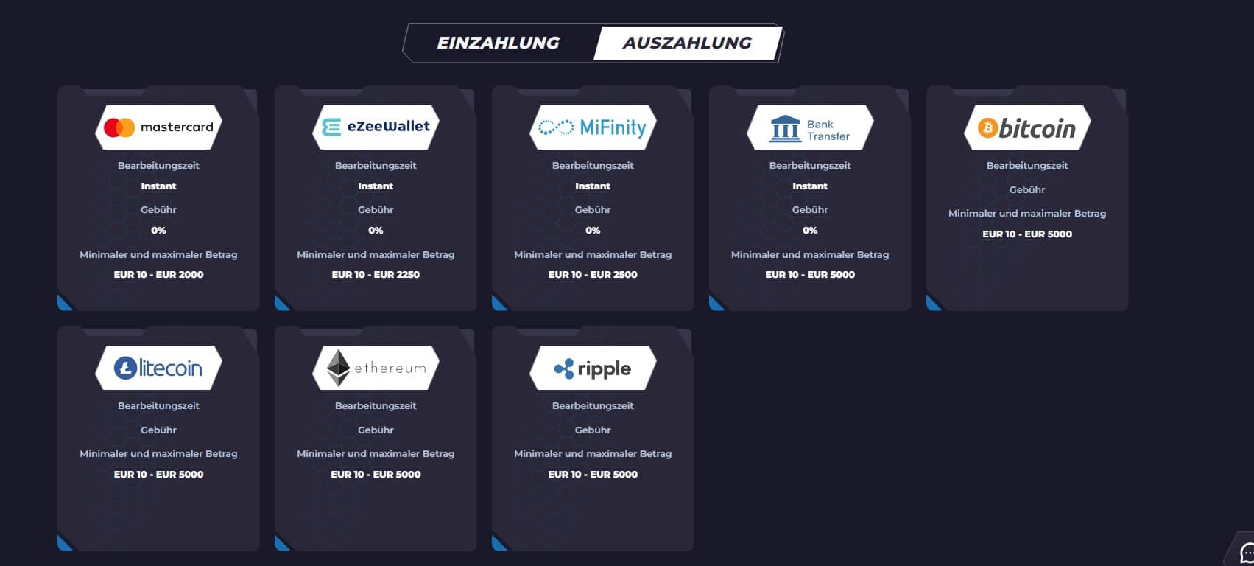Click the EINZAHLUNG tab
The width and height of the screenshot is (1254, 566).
498,43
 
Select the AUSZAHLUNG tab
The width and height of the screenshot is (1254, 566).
687,43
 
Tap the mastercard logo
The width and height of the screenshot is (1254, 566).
158,127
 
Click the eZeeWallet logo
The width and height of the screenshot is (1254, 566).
376,127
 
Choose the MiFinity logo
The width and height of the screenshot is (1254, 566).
593,127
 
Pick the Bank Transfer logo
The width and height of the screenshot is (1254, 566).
810,127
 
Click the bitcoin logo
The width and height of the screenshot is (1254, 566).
1027,127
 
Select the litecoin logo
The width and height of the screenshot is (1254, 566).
158,368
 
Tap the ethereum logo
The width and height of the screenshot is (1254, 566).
376,368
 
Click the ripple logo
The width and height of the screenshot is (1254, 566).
593,368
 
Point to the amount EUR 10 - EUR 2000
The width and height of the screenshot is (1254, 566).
158,275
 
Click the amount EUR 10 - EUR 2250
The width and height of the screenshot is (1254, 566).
376,275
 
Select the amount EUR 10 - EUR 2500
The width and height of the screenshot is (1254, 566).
593,275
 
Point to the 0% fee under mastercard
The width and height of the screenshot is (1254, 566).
158,231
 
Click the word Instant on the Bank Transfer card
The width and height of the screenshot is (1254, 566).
810,186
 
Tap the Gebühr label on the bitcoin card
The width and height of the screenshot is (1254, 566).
1027,190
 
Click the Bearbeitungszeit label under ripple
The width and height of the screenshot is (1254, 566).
593,406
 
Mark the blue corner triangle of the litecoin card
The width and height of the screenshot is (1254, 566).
63,544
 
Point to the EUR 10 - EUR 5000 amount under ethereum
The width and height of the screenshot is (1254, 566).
376,474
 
